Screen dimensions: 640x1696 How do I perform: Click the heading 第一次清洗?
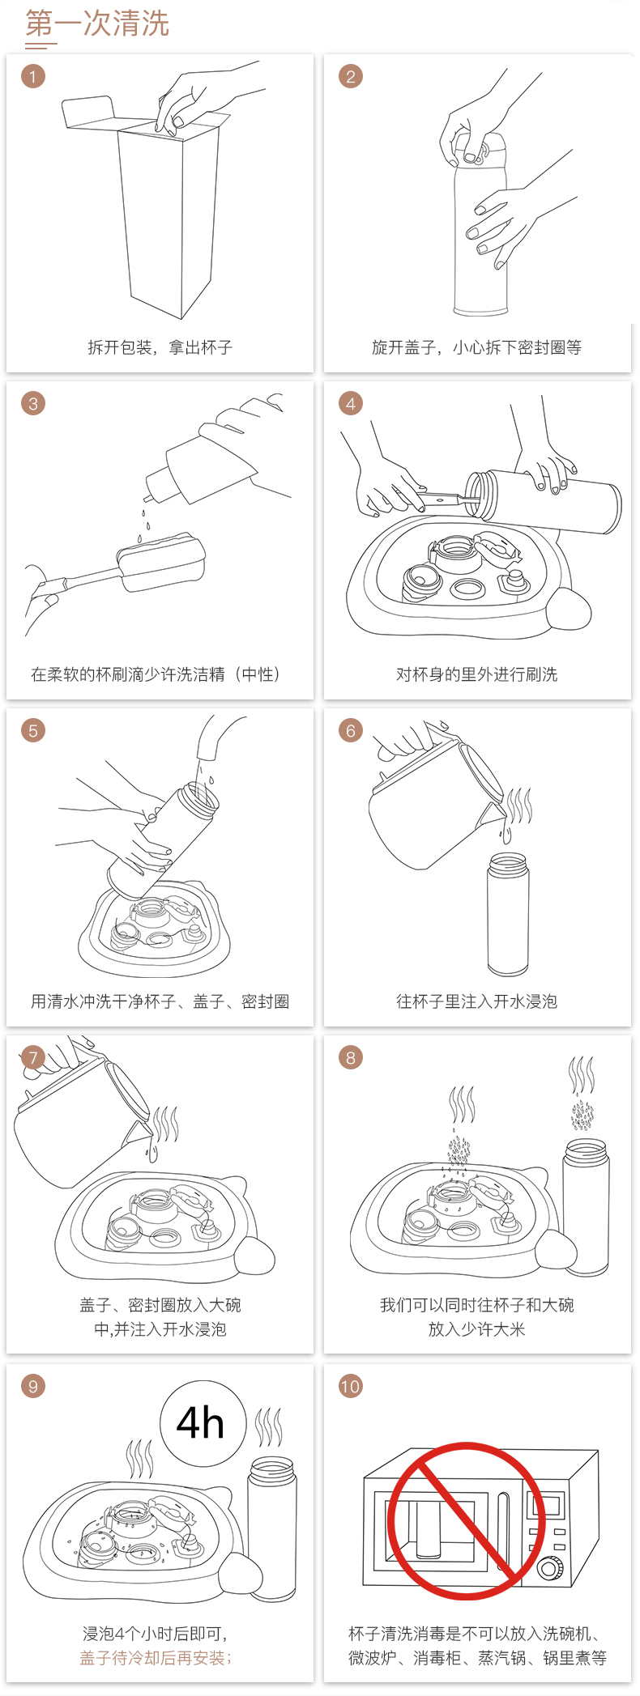pos(97,23)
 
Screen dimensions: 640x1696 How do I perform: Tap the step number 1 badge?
pos(33,77)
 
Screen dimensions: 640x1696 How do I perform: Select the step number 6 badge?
pos(351,731)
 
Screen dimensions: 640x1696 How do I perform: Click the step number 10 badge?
pos(351,1386)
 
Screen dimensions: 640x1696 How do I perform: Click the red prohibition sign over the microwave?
pos(466,1521)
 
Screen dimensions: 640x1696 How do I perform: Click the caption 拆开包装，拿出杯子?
pos(160,347)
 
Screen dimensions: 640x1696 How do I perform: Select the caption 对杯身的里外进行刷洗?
pos(477,674)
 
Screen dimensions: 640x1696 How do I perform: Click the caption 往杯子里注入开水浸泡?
pos(477,1001)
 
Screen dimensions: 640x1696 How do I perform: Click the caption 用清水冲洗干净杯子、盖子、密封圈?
pos(160,1001)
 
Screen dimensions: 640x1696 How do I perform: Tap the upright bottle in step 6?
pos(508,914)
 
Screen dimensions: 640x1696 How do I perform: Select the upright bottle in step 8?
pos(587,1206)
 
